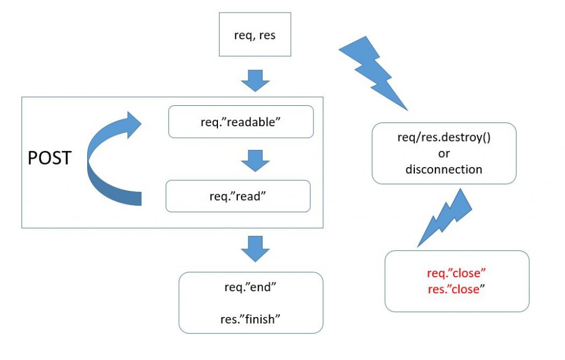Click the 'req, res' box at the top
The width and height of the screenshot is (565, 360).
[255, 34]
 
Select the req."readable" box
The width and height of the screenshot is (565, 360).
[241, 122]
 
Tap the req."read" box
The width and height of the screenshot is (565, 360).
[238, 197]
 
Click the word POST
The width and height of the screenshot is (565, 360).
[50, 159]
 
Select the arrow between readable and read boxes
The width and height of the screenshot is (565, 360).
[255, 159]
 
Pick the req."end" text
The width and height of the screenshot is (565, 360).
[251, 288]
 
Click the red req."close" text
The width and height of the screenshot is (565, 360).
[456, 273]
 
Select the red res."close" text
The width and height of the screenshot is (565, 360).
[456, 289]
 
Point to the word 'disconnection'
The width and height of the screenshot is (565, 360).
[444, 169]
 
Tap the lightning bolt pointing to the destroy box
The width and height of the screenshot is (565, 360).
[371, 70]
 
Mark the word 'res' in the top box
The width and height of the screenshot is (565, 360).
[268, 35]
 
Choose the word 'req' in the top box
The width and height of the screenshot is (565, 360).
[243, 35]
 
